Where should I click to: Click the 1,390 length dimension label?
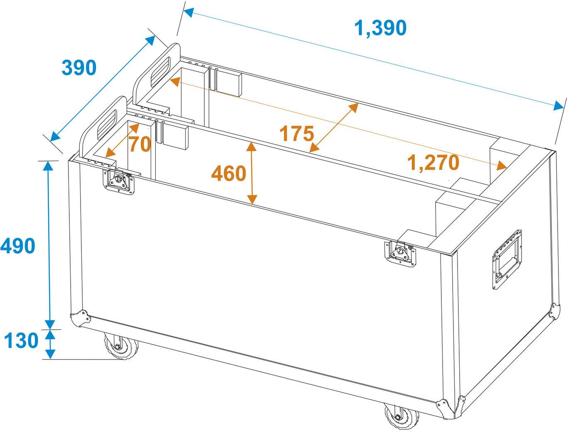[x=380, y=28]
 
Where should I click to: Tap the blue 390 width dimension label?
[x=79, y=68]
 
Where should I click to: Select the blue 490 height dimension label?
[x=18, y=247]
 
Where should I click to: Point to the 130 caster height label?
[x=21, y=341]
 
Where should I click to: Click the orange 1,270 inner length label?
[x=433, y=162]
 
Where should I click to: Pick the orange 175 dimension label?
[x=296, y=134]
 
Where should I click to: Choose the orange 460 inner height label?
[x=229, y=174]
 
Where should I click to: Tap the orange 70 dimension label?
[x=139, y=144]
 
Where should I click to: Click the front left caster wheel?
[x=121, y=345]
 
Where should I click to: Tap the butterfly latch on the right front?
[x=400, y=252]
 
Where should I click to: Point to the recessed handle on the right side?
[x=507, y=260]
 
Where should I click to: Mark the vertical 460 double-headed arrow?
[x=251, y=173]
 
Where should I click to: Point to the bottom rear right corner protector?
[x=553, y=311]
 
